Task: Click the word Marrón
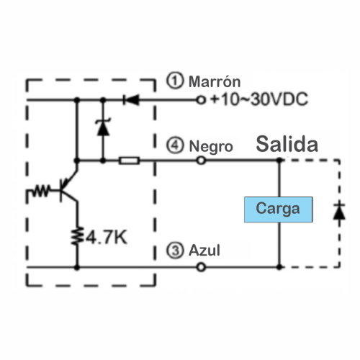point(215,81)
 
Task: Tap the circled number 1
point(175,81)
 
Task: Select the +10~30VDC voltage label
point(259,99)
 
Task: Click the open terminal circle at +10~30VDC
point(201,99)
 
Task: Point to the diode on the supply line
point(131,99)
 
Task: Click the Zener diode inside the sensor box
point(103,127)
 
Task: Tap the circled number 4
point(175,145)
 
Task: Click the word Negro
point(211,146)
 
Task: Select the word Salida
point(287,144)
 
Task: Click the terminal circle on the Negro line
point(201,160)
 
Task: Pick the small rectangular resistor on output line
point(130,161)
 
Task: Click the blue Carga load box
point(279,210)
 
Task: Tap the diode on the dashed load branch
point(339,212)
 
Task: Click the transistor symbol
point(69,186)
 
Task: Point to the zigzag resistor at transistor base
point(41,191)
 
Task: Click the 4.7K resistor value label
point(106,238)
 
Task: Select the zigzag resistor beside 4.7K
point(78,236)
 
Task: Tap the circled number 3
point(175,250)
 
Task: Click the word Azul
point(204,251)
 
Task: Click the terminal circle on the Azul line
point(201,267)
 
